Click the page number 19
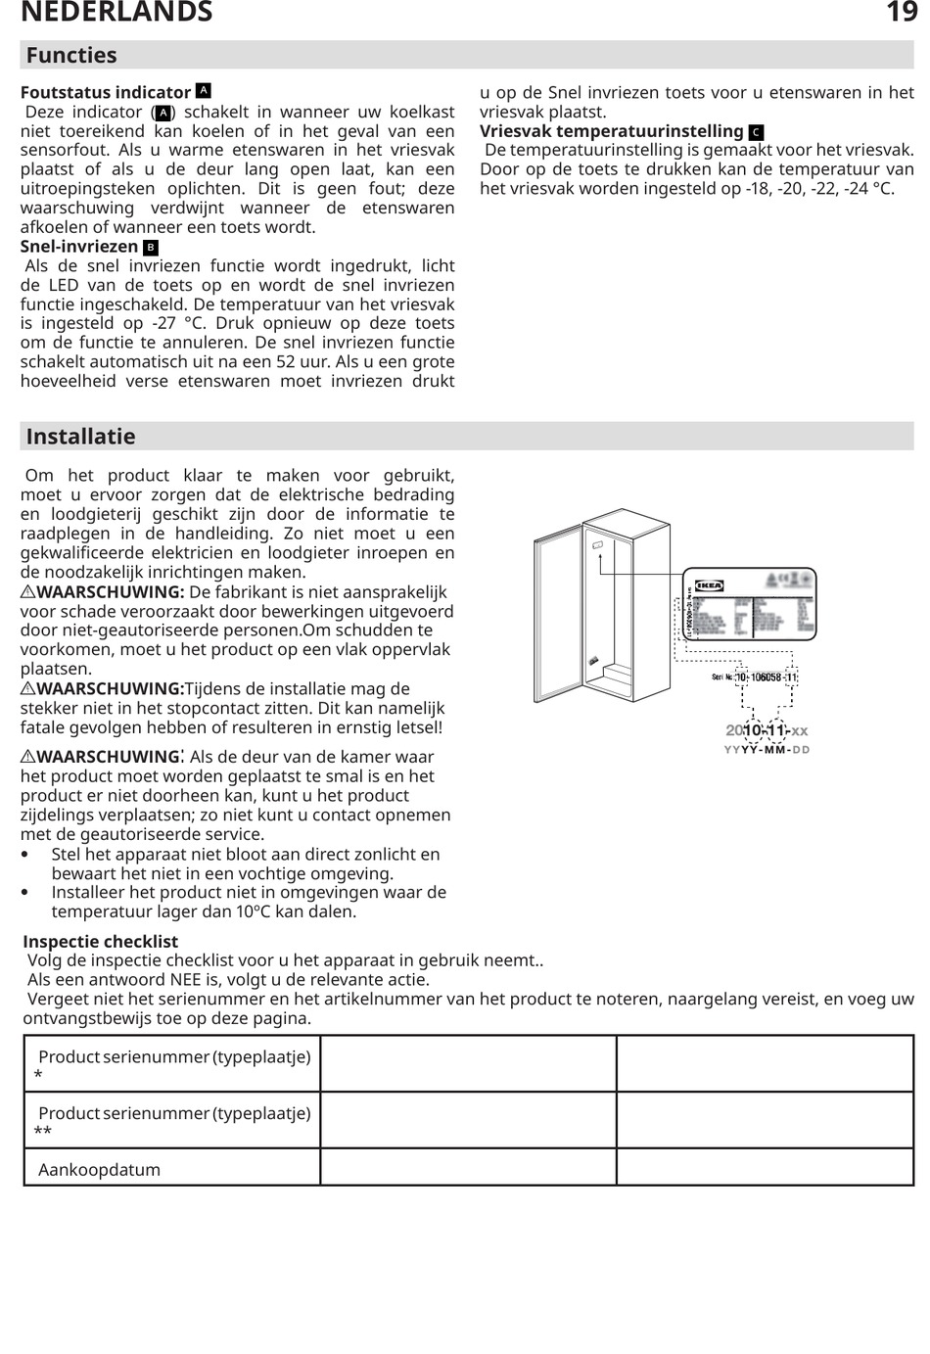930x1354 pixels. tap(901, 12)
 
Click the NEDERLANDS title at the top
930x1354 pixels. tap(116, 12)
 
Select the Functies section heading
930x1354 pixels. tap(71, 55)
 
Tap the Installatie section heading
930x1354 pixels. tap(80, 437)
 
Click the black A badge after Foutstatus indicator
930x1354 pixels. tap(204, 91)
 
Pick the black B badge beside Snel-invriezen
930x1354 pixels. tap(151, 247)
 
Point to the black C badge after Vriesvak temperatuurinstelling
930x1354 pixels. tap(756, 132)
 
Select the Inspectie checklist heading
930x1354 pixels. tap(100, 942)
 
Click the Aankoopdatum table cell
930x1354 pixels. tap(99, 1170)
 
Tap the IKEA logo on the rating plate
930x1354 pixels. tap(709, 586)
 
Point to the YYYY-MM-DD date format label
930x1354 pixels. tap(767, 750)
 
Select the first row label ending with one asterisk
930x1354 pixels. tap(173, 1065)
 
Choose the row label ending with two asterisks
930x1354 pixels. tap(173, 1121)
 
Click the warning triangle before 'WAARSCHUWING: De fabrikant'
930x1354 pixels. tap(27, 592)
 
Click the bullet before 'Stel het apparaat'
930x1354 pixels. tap(25, 855)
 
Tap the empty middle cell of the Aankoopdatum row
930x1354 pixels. tap(468, 1168)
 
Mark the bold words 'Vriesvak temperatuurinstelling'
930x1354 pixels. tap(612, 131)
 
